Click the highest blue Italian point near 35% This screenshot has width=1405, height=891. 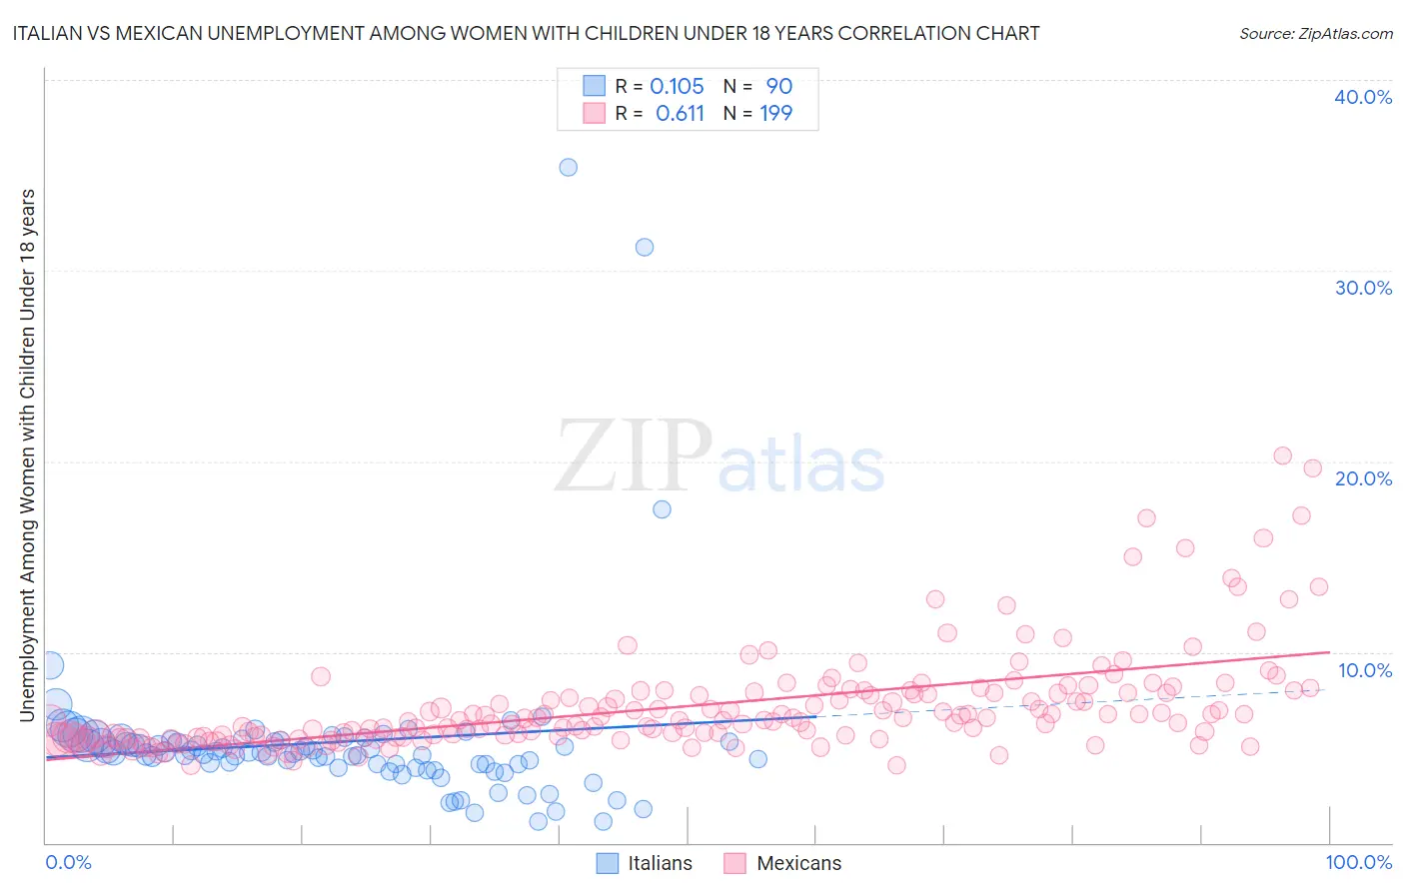pos(568,167)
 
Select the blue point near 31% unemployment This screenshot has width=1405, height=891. pos(645,247)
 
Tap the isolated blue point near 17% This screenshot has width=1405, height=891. pos(662,509)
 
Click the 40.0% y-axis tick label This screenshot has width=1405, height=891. pos(1363,97)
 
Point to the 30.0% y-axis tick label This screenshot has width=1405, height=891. pos(1363,288)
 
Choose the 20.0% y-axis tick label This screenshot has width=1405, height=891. pos(1363,478)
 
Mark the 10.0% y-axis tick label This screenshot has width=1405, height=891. pos(1364,670)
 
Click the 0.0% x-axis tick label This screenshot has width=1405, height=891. pos(68,862)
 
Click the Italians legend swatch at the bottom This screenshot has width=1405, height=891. pos(608,863)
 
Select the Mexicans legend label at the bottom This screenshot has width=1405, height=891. pos(798,863)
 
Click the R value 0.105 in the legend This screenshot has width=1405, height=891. pos(677,87)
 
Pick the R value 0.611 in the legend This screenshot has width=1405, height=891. pos(680,114)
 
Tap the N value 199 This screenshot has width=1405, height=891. pos(776,114)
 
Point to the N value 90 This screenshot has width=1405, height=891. pos(778,87)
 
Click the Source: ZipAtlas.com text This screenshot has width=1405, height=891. pos(1315,33)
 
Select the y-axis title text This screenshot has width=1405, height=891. pos(27,454)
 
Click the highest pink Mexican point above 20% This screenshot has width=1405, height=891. pos(1283,455)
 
